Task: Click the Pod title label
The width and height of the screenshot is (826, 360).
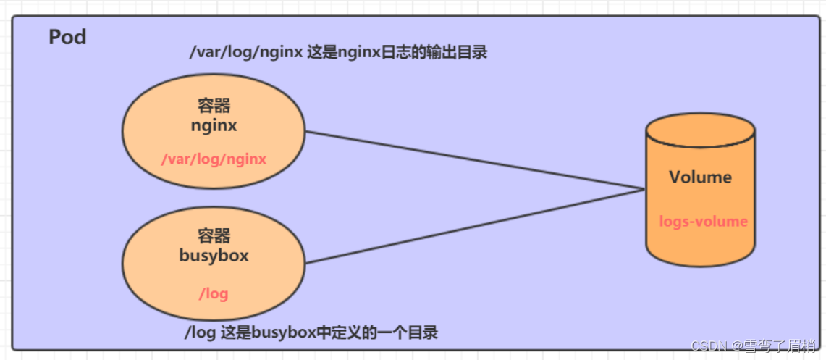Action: [x=67, y=38]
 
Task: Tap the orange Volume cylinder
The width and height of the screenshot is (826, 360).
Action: [x=700, y=199]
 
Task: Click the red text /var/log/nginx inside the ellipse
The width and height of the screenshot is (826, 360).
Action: [x=214, y=159]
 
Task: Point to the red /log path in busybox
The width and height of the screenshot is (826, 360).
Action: [x=214, y=293]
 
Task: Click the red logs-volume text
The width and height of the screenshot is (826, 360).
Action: [x=703, y=222]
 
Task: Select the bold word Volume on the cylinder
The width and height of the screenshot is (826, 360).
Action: [x=700, y=177]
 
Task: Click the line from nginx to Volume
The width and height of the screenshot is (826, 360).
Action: [x=471, y=160]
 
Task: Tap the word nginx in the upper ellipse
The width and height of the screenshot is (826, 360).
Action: [x=214, y=126]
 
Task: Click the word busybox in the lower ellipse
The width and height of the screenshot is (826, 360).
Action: [x=214, y=256]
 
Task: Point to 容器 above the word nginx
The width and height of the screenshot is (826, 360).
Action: [x=214, y=106]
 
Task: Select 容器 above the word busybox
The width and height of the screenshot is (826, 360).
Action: [x=214, y=236]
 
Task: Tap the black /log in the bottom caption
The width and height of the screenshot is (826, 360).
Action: [x=197, y=333]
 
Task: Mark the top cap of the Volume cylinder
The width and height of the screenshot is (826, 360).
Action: [x=700, y=131]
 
